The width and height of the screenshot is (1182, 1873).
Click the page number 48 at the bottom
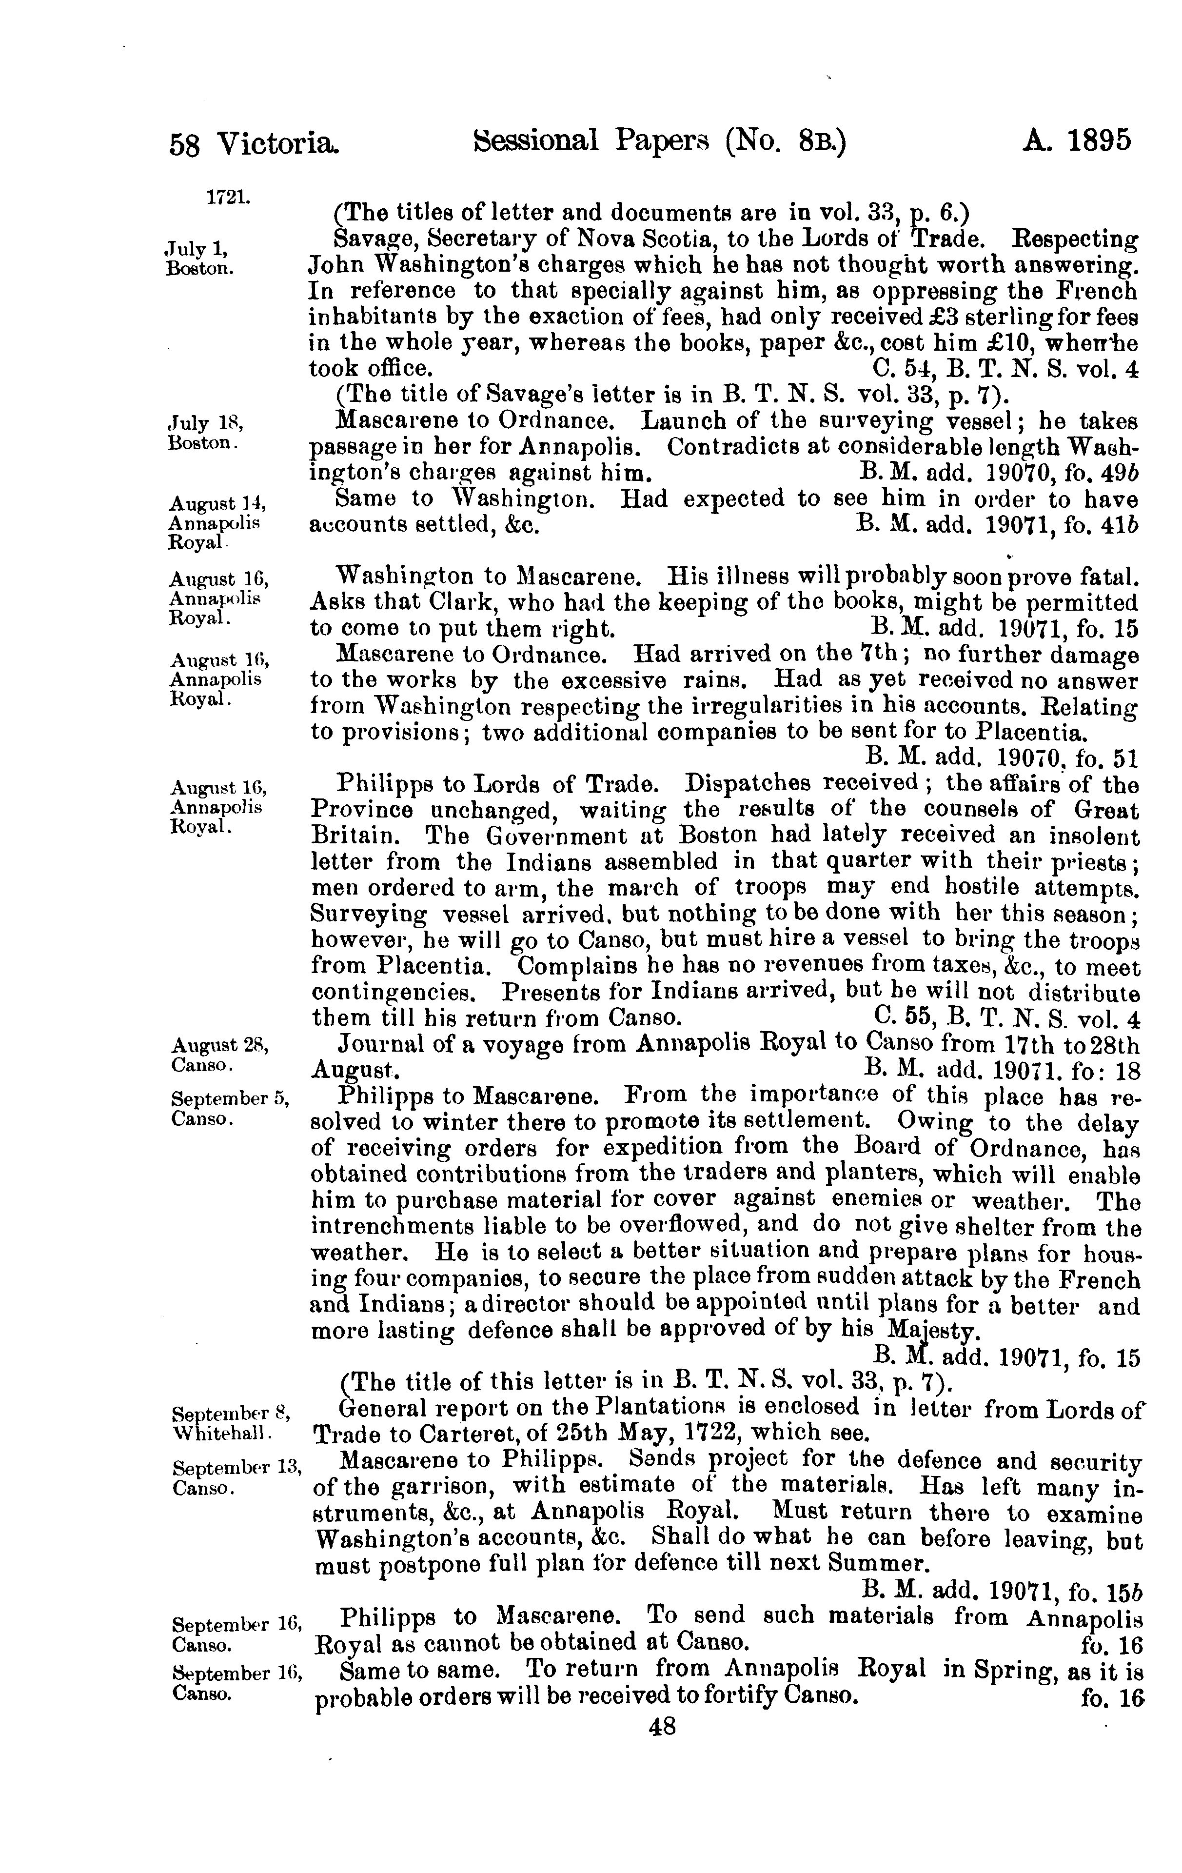(x=662, y=1727)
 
